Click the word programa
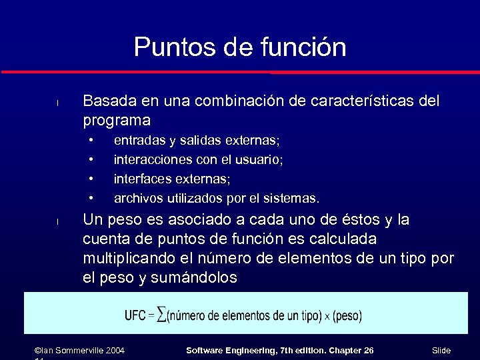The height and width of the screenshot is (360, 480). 117,121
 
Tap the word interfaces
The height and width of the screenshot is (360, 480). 142,179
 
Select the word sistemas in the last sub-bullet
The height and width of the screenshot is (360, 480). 291,199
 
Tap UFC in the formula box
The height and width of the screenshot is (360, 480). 135,315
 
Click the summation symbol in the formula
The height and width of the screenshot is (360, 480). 162,315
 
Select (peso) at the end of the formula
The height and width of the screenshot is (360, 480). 347,315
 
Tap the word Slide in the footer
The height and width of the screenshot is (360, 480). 441,350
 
